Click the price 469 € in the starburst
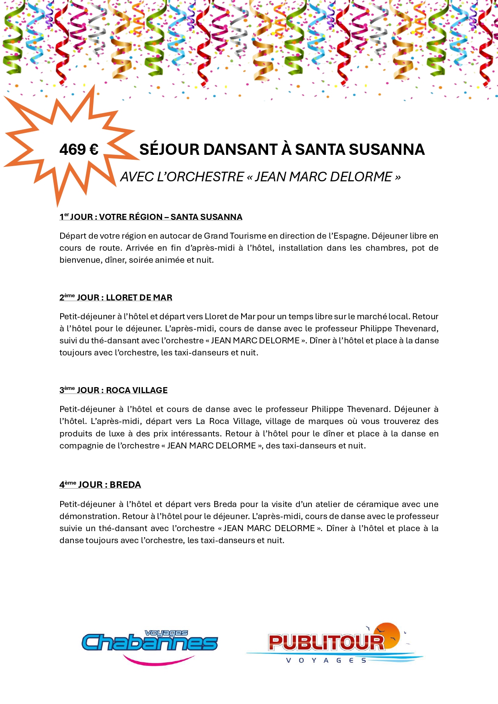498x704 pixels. click(79, 150)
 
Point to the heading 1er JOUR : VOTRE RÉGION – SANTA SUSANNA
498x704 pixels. click(151, 217)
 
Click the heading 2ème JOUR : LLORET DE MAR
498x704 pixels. click(116, 298)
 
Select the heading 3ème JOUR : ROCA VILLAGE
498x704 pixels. click(114, 390)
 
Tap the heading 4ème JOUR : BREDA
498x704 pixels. click(100, 485)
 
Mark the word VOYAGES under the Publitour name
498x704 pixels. click(326, 661)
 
